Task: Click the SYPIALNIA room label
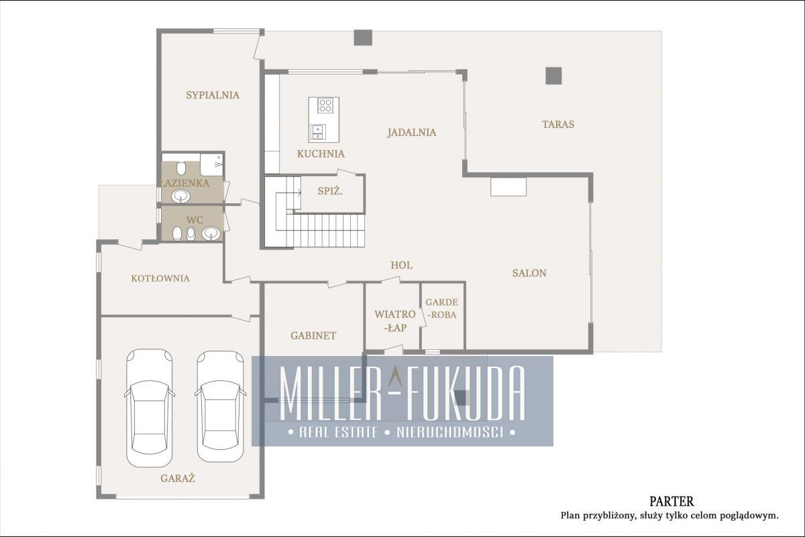pyautogui.click(x=213, y=95)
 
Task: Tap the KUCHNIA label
pyautogui.click(x=321, y=154)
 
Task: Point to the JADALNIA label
pyautogui.click(x=412, y=133)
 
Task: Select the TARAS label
pyautogui.click(x=558, y=124)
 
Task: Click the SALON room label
pyautogui.click(x=529, y=273)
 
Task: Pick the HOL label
pyautogui.click(x=401, y=265)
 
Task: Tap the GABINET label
pyautogui.click(x=313, y=335)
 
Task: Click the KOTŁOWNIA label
pyautogui.click(x=160, y=278)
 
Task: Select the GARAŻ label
pyautogui.click(x=178, y=478)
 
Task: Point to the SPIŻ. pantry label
pyautogui.click(x=330, y=191)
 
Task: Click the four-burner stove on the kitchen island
pyautogui.click(x=325, y=106)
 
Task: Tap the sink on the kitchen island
pyautogui.click(x=319, y=132)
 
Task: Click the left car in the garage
pyautogui.click(x=149, y=408)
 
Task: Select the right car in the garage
pyautogui.click(x=220, y=406)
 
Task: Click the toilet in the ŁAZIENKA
pyautogui.click(x=181, y=168)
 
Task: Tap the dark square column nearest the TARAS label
pyautogui.click(x=553, y=76)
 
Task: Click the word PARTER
pyautogui.click(x=672, y=501)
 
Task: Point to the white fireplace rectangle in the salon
pyautogui.click(x=508, y=187)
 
